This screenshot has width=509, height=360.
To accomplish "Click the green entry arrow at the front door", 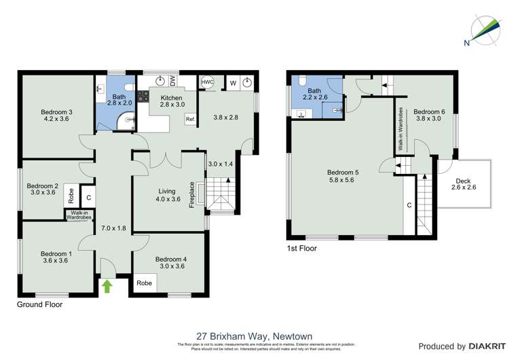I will (106, 287).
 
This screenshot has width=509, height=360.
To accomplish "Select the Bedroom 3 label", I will (56, 115).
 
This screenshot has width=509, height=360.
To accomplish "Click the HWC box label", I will (207, 82).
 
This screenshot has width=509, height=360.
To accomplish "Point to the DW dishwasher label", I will (173, 81).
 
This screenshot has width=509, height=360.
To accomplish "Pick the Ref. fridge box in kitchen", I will (190, 118).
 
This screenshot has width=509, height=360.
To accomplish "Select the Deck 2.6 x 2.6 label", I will (463, 184).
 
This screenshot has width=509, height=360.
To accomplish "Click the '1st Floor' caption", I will (301, 249).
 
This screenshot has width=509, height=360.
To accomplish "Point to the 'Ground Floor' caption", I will (39, 305).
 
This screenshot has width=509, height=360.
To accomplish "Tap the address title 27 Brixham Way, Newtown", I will (254, 336).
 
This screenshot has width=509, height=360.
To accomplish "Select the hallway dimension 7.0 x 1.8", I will (113, 229).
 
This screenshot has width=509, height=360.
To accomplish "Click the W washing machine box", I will (233, 83).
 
